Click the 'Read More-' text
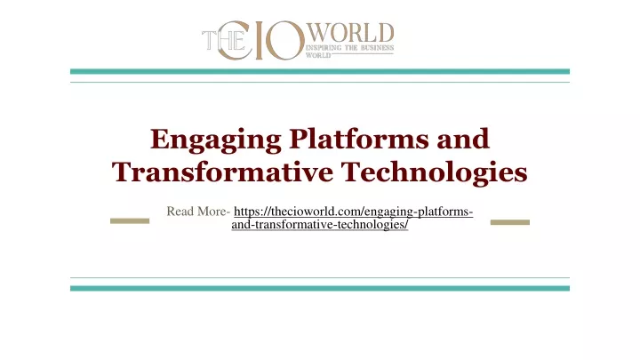pyautogui.click(x=198, y=212)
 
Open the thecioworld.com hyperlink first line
pyautogui.click(x=353, y=212)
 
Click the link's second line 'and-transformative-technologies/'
pyautogui.click(x=319, y=227)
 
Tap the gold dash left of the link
pyautogui.click(x=129, y=220)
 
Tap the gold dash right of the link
pyautogui.click(x=510, y=220)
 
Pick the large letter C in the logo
pyautogui.click(x=248, y=42)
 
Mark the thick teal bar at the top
pyautogui.click(x=319, y=71)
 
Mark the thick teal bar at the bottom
pyautogui.click(x=319, y=288)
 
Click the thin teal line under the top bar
pyautogui.click(x=319, y=83)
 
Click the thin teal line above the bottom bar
pyautogui.click(x=319, y=277)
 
